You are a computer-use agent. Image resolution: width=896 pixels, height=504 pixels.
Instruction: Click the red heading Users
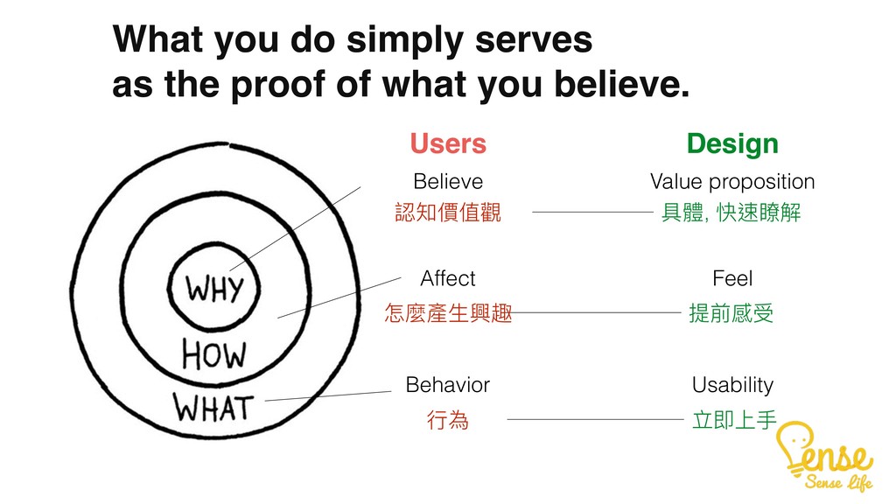click(447, 143)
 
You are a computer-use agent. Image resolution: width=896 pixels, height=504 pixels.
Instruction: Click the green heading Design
click(732, 143)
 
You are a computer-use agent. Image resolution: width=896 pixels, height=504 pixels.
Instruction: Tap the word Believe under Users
click(447, 181)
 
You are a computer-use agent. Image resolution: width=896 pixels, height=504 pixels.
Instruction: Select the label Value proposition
click(732, 181)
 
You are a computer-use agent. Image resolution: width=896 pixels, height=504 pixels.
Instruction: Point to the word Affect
click(447, 278)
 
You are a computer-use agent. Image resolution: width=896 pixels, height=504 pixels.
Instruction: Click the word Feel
click(732, 278)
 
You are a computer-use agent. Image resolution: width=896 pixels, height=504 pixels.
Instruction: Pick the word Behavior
click(447, 385)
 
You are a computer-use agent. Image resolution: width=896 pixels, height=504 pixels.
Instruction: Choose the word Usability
click(732, 385)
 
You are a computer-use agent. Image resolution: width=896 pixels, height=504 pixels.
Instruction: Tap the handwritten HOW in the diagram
click(213, 354)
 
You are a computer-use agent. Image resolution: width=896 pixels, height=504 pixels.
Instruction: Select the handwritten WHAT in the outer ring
click(213, 407)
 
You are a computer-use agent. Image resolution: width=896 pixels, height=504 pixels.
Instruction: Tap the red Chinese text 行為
click(447, 423)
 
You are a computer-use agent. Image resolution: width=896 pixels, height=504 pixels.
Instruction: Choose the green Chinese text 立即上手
click(732, 423)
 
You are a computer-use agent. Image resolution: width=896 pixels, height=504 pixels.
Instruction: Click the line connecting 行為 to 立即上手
click(595, 420)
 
